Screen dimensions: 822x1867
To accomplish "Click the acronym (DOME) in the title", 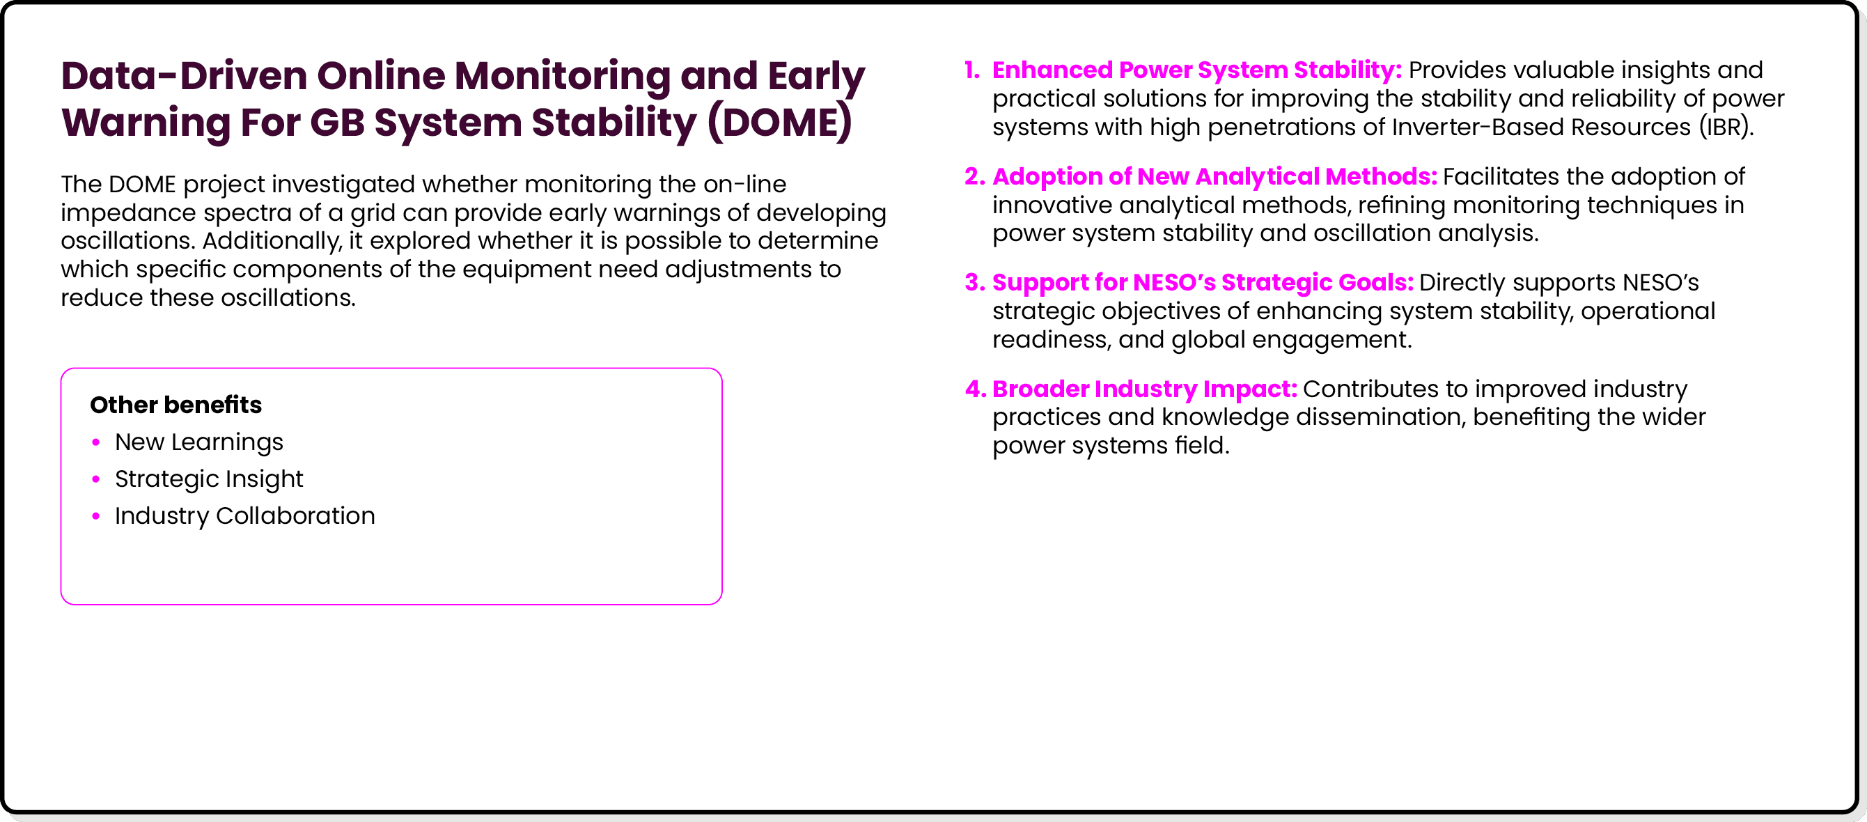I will pos(780,123).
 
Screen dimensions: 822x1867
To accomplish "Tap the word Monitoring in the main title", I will pos(562,76).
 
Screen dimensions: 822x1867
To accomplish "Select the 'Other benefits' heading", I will pos(175,405).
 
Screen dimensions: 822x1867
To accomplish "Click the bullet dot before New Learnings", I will pos(95,442).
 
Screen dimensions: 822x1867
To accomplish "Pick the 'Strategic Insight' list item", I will pos(209,479).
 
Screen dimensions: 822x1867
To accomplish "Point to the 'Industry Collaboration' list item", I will pos(245,516).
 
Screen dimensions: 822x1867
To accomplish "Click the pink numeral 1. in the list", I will pos(972,70).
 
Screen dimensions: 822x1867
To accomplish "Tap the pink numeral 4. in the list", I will pos(975,389).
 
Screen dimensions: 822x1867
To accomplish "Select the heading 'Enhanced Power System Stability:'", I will pos(1196,70).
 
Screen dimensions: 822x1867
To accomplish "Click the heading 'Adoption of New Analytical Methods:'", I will pos(1214,177).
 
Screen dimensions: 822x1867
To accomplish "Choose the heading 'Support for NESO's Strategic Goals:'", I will pos(1203,283).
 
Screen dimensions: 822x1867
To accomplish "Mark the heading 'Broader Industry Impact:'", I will pos(1144,389).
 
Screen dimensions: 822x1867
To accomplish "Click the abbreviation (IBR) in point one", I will pos(1725,127).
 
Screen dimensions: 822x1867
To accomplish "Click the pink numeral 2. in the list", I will pos(975,177).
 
